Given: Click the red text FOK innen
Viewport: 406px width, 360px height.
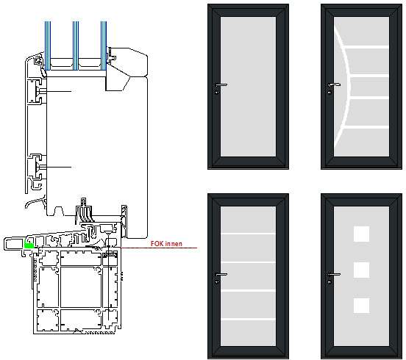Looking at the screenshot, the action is pos(166,243).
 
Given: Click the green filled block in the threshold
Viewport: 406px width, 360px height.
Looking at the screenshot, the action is pos(29,244).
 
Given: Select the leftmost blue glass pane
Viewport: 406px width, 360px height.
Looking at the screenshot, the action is pos(48,46).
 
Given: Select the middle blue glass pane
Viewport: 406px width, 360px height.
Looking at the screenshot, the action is pos(76,46).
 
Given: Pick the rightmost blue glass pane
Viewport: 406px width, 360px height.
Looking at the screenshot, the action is pos(104,46).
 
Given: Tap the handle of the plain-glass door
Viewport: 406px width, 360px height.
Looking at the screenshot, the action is pos(221,84).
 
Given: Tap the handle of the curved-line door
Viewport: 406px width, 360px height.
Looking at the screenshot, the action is pos(334,84).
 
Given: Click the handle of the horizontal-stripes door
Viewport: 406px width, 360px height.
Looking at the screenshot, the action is pos(221,274).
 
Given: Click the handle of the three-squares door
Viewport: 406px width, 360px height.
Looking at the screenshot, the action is pos(334,274).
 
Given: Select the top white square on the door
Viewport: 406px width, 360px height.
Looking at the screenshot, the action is pos(361,234).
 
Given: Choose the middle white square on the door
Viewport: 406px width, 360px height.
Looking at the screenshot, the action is pos(361,270).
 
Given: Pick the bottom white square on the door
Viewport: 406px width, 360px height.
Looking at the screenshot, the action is pos(361,306).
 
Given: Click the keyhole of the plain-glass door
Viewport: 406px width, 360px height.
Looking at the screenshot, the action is pos(217,92).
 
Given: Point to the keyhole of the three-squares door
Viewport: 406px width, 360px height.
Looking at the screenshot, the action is pos(330,281).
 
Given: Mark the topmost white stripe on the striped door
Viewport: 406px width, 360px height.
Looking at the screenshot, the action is pos(248,234).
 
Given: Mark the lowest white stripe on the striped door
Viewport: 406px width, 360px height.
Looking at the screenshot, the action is pos(248,319).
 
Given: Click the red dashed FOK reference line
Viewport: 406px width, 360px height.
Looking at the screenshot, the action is pos(160,248).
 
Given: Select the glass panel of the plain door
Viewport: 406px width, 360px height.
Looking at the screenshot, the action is pos(248,87).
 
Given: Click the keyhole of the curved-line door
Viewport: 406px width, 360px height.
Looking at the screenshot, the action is pos(330,92).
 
